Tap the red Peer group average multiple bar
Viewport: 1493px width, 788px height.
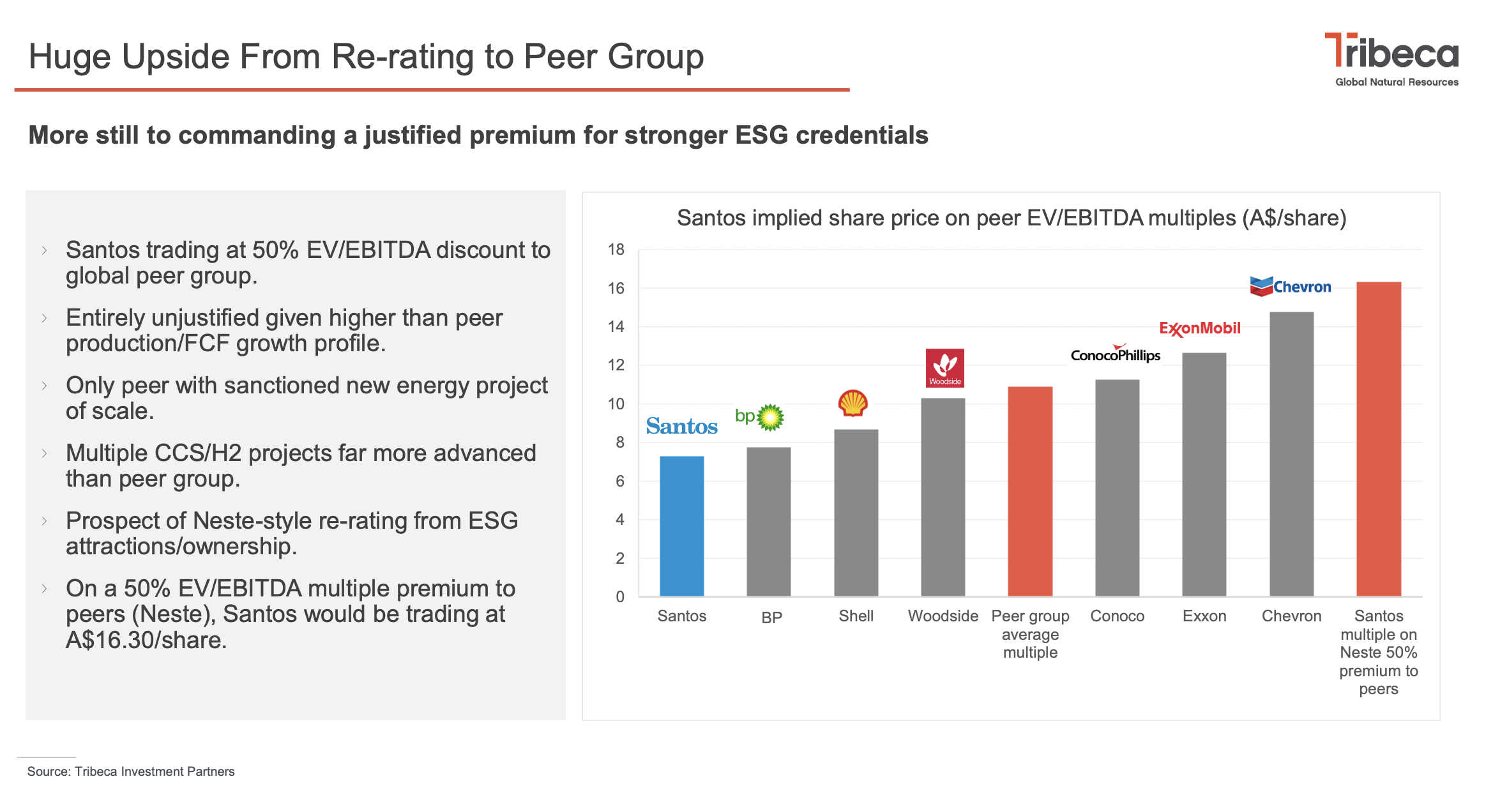1029,491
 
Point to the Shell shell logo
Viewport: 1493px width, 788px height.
853,403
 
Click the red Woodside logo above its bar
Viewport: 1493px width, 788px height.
944,368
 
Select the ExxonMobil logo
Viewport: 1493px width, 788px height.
1199,328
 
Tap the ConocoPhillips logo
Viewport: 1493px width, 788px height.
1115,354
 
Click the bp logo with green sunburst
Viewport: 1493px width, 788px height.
760,417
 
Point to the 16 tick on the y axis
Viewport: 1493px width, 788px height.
616,289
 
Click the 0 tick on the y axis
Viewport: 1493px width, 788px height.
619,597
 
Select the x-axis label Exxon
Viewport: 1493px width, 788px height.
1204,616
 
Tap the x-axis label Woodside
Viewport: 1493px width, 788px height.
943,616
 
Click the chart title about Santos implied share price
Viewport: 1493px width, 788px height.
1011,218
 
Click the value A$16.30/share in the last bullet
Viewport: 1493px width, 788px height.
146,640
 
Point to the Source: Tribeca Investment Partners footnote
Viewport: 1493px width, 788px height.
131,771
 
